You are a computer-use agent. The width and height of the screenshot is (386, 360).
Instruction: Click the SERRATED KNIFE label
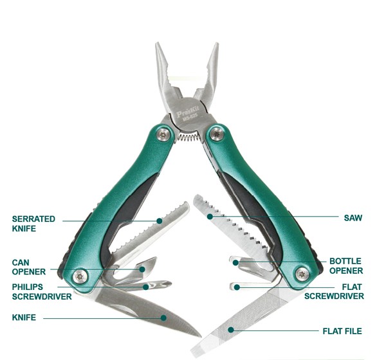coord(33,223)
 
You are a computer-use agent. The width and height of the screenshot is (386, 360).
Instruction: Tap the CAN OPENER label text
coord(28,267)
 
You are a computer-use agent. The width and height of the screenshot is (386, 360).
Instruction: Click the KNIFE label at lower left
coord(23,317)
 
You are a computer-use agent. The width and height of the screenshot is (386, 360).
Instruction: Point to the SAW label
coord(353,218)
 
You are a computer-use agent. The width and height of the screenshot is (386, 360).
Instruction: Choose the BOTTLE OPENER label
coord(346,266)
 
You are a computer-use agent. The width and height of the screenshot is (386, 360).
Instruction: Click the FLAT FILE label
coord(342,331)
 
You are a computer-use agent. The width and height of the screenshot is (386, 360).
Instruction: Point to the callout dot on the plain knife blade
coord(164,316)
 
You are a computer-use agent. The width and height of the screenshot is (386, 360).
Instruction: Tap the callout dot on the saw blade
coord(210,217)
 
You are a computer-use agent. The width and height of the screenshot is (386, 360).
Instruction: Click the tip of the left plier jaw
coord(159,46)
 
